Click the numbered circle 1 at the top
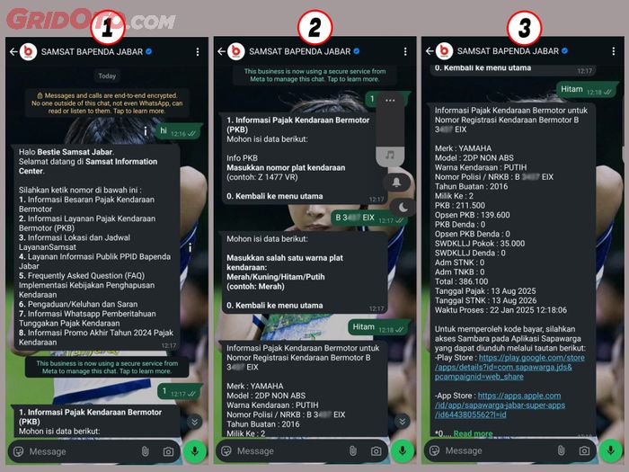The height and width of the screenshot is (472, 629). pyautogui.click(x=109, y=29)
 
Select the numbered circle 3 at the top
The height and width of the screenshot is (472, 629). pyautogui.click(x=524, y=29)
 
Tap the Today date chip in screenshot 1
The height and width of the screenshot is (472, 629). pyautogui.click(x=107, y=76)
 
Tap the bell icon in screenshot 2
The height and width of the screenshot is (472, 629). pyautogui.click(x=399, y=183)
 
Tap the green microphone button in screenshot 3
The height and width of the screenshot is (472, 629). pyautogui.click(x=611, y=450)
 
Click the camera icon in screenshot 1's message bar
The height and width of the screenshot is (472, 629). pyautogui.click(x=168, y=451)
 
